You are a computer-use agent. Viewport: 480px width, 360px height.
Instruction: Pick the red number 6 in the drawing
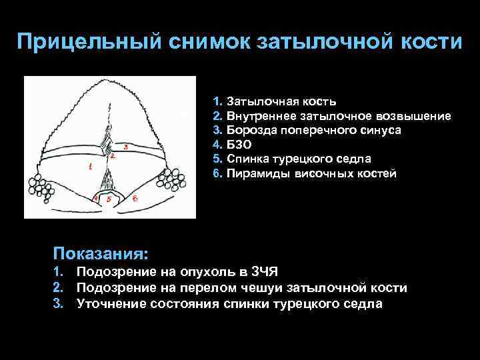click(135, 198)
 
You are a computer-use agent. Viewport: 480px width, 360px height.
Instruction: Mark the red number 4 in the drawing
click(95, 198)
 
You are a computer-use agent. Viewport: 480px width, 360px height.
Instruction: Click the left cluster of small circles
click(41, 183)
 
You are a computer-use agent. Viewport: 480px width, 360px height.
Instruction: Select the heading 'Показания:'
click(101, 253)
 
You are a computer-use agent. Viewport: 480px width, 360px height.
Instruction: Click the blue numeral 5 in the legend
click(216, 159)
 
